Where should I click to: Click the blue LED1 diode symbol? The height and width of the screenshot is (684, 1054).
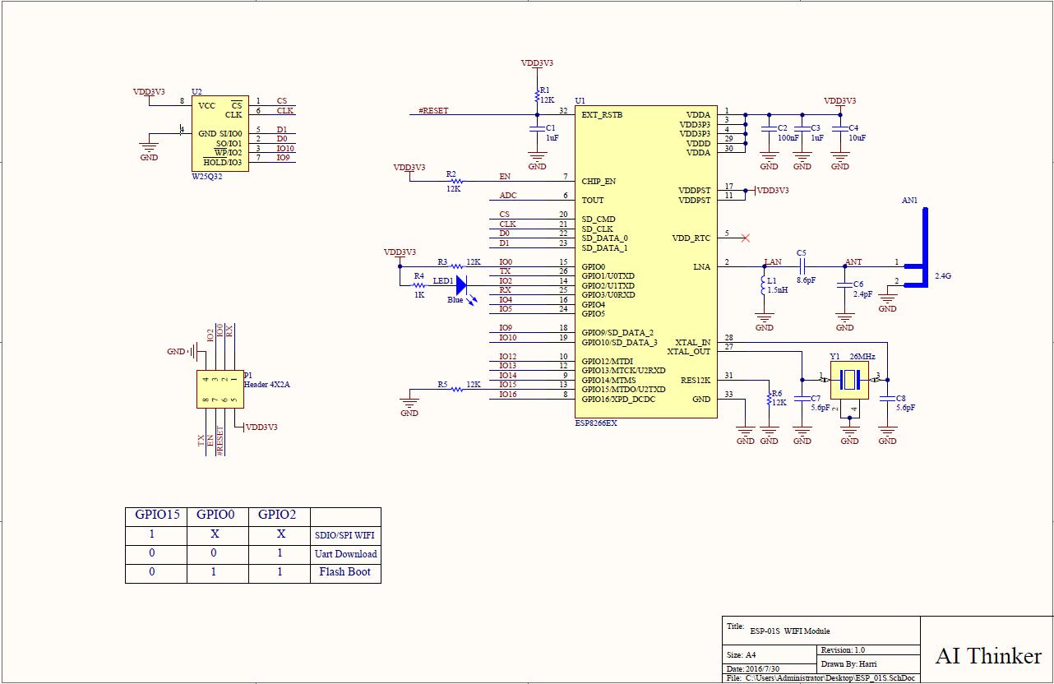[x=461, y=285]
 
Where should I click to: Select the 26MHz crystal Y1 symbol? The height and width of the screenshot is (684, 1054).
[x=849, y=380]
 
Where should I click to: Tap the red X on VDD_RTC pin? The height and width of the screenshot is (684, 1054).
[x=746, y=238]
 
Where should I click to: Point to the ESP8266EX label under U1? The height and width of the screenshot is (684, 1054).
[x=596, y=423]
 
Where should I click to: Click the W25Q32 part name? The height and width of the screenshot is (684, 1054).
[x=206, y=177]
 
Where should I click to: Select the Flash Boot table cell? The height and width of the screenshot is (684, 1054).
[x=345, y=572]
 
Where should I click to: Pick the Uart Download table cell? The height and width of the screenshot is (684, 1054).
[x=345, y=553]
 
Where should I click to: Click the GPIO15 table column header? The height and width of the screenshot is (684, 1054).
[x=157, y=515]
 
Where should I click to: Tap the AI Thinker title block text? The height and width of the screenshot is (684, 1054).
[x=988, y=656]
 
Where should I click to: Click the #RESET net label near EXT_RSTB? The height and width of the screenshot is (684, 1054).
[x=433, y=110]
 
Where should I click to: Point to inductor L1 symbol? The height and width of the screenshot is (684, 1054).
[x=764, y=286]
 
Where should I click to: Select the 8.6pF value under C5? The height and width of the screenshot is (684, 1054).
[x=806, y=280]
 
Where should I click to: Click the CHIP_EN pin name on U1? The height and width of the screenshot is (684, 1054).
[x=599, y=181]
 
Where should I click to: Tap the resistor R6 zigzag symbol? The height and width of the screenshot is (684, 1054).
[x=769, y=399]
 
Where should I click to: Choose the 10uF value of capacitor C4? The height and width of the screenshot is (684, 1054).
[x=857, y=138]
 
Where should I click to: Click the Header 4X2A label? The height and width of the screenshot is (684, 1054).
[x=267, y=384]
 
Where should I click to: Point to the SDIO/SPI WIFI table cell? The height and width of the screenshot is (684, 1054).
[x=344, y=535]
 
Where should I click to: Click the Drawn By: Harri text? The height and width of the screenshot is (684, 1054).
[x=848, y=663]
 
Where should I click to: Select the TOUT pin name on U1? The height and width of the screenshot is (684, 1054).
[x=593, y=201]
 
